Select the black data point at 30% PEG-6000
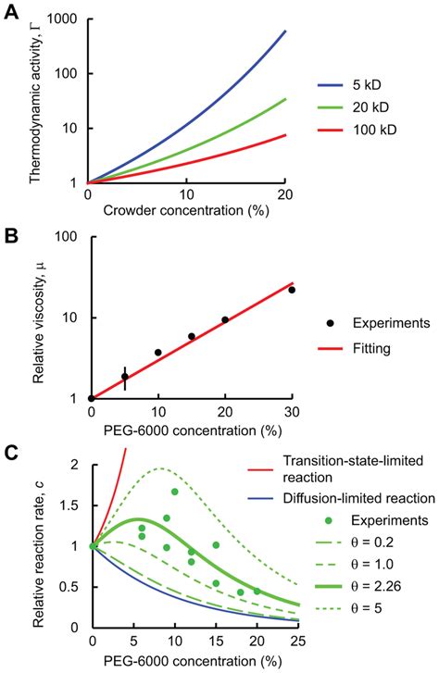[x=292, y=290]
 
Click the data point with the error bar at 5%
[x=124, y=377]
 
